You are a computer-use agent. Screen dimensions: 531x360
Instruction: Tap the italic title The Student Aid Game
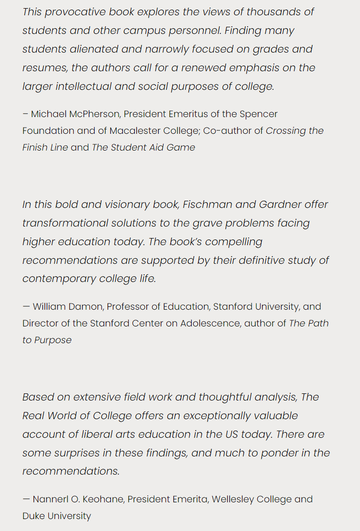coord(143,148)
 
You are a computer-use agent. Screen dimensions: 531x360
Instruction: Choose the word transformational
coord(65,223)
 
